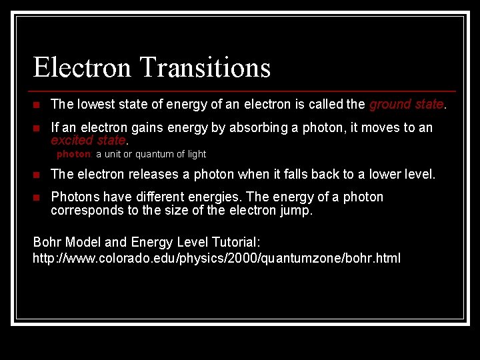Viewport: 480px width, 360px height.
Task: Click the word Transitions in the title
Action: click(205, 68)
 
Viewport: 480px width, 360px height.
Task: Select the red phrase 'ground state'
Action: click(406, 104)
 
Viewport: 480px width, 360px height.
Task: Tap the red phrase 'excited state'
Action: click(88, 140)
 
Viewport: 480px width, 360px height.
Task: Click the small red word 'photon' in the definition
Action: click(73, 154)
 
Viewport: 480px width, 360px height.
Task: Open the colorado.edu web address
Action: click(217, 258)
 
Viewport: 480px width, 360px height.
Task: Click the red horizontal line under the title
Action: click(244, 91)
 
